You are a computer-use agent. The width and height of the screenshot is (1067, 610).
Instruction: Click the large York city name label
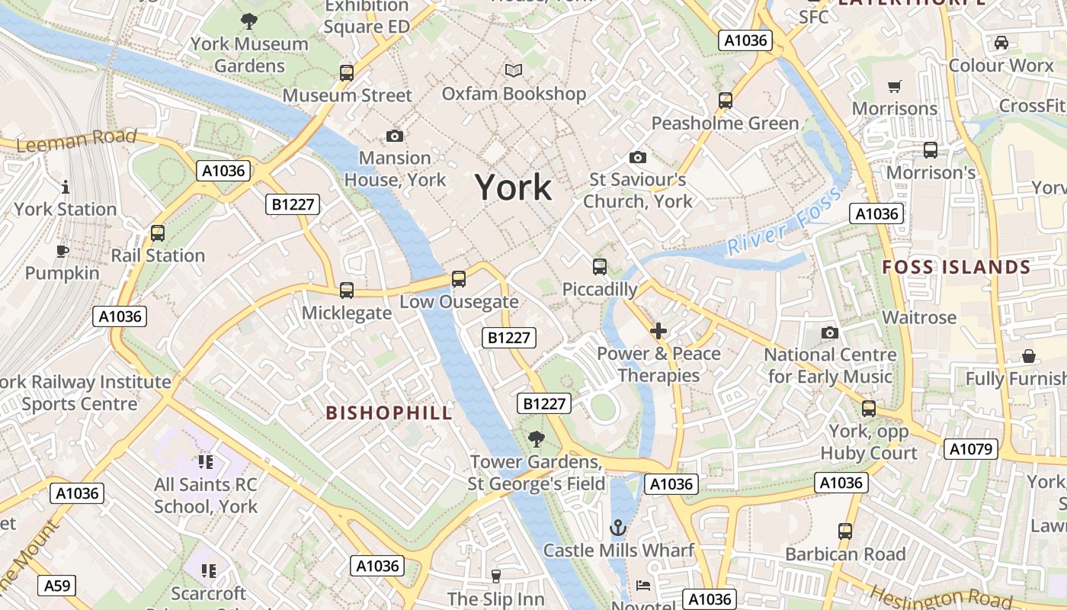coord(513,188)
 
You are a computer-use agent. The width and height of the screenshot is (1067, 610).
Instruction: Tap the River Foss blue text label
coord(784,221)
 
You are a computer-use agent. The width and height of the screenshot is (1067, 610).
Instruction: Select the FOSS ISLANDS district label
coord(956,268)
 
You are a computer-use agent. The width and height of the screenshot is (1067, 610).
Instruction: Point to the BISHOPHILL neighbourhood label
coord(389,413)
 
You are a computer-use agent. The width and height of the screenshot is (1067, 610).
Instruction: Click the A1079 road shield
coord(971,449)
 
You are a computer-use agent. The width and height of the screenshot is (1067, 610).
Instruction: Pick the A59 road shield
coord(56,586)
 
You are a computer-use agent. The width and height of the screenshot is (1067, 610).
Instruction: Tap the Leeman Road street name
coord(76,140)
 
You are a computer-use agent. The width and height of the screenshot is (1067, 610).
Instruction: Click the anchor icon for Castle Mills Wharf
coord(618,528)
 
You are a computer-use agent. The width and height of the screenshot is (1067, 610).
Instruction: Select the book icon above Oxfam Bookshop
coord(514,71)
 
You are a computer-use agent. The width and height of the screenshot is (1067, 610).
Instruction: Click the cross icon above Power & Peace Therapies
coord(658,331)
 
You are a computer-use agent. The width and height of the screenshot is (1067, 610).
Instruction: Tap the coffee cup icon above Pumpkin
coord(62,251)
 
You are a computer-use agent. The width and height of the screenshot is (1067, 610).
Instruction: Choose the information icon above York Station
coord(66,187)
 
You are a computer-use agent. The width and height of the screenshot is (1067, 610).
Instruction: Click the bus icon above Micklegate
coord(347,291)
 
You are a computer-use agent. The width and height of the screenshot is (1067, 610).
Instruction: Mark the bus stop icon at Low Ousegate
coord(459,279)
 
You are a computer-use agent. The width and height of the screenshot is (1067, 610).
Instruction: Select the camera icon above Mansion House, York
coord(395,136)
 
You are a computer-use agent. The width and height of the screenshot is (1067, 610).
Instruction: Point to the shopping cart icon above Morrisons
coord(895,86)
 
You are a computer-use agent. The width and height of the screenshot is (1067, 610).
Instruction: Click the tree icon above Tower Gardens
coord(537,439)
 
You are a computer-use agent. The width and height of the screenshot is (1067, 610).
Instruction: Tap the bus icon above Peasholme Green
coord(726,101)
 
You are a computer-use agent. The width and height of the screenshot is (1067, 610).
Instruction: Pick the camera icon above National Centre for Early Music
coord(830,332)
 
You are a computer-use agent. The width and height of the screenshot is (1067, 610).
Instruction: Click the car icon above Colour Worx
coord(1001,43)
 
